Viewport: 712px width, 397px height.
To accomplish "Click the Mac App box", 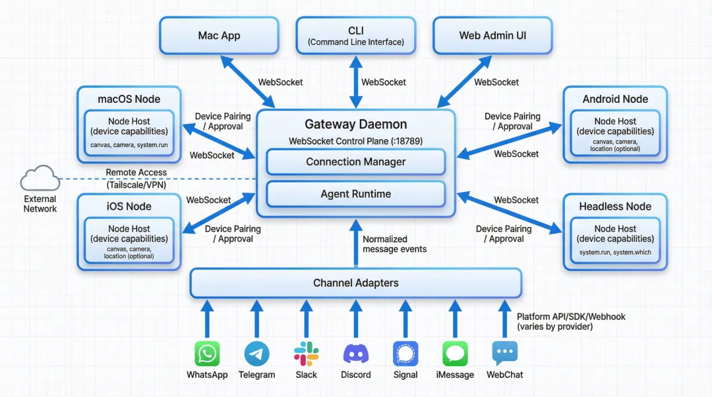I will (x=220, y=36).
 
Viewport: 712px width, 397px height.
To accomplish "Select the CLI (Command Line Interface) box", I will (x=356, y=36).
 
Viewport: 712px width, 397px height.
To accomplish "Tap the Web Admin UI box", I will (x=493, y=36).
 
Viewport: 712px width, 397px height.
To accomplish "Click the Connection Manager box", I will (x=356, y=162).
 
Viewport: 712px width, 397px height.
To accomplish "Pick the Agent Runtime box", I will (x=356, y=194).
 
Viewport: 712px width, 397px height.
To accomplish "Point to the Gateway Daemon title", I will (x=356, y=124).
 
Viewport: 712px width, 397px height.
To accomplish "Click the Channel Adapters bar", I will (x=356, y=283).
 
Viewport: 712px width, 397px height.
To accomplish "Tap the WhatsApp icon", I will (x=207, y=353).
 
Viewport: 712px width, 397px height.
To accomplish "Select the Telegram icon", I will (x=256, y=353).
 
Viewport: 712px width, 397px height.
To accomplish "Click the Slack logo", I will (x=306, y=353).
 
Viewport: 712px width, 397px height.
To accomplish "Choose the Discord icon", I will (x=356, y=353).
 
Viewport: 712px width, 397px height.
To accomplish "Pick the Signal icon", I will (x=405, y=353).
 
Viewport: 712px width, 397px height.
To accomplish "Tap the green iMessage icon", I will (x=455, y=353).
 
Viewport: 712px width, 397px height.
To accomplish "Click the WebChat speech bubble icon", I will (x=505, y=353).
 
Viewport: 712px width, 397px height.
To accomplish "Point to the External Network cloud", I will (x=40, y=179).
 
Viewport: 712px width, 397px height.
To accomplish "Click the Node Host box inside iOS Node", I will (x=129, y=241).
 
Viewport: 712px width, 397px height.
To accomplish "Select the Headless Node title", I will (x=615, y=206).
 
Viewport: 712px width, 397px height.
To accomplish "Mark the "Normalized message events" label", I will (x=394, y=244).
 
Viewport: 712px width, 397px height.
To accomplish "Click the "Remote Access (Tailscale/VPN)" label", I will (x=136, y=179).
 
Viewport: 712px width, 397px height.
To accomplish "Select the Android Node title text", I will (x=615, y=99).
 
